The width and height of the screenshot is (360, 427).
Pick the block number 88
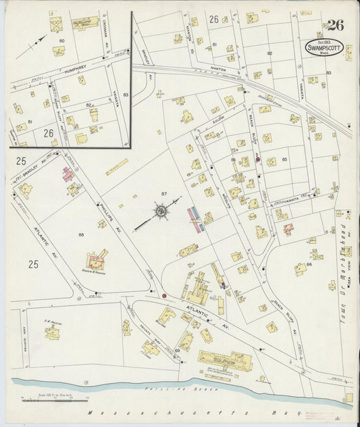pos(81,234)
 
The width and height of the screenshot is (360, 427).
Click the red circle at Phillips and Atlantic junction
pos(163,295)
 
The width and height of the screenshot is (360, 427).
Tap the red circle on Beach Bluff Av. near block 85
pos(257,159)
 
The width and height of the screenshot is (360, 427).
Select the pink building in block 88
pos(68,174)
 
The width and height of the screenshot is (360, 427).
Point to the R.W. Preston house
pos(53,332)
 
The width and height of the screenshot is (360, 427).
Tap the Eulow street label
pos(218,122)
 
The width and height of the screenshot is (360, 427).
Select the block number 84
pos(309,264)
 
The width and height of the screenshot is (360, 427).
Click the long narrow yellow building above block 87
pos(116,166)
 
